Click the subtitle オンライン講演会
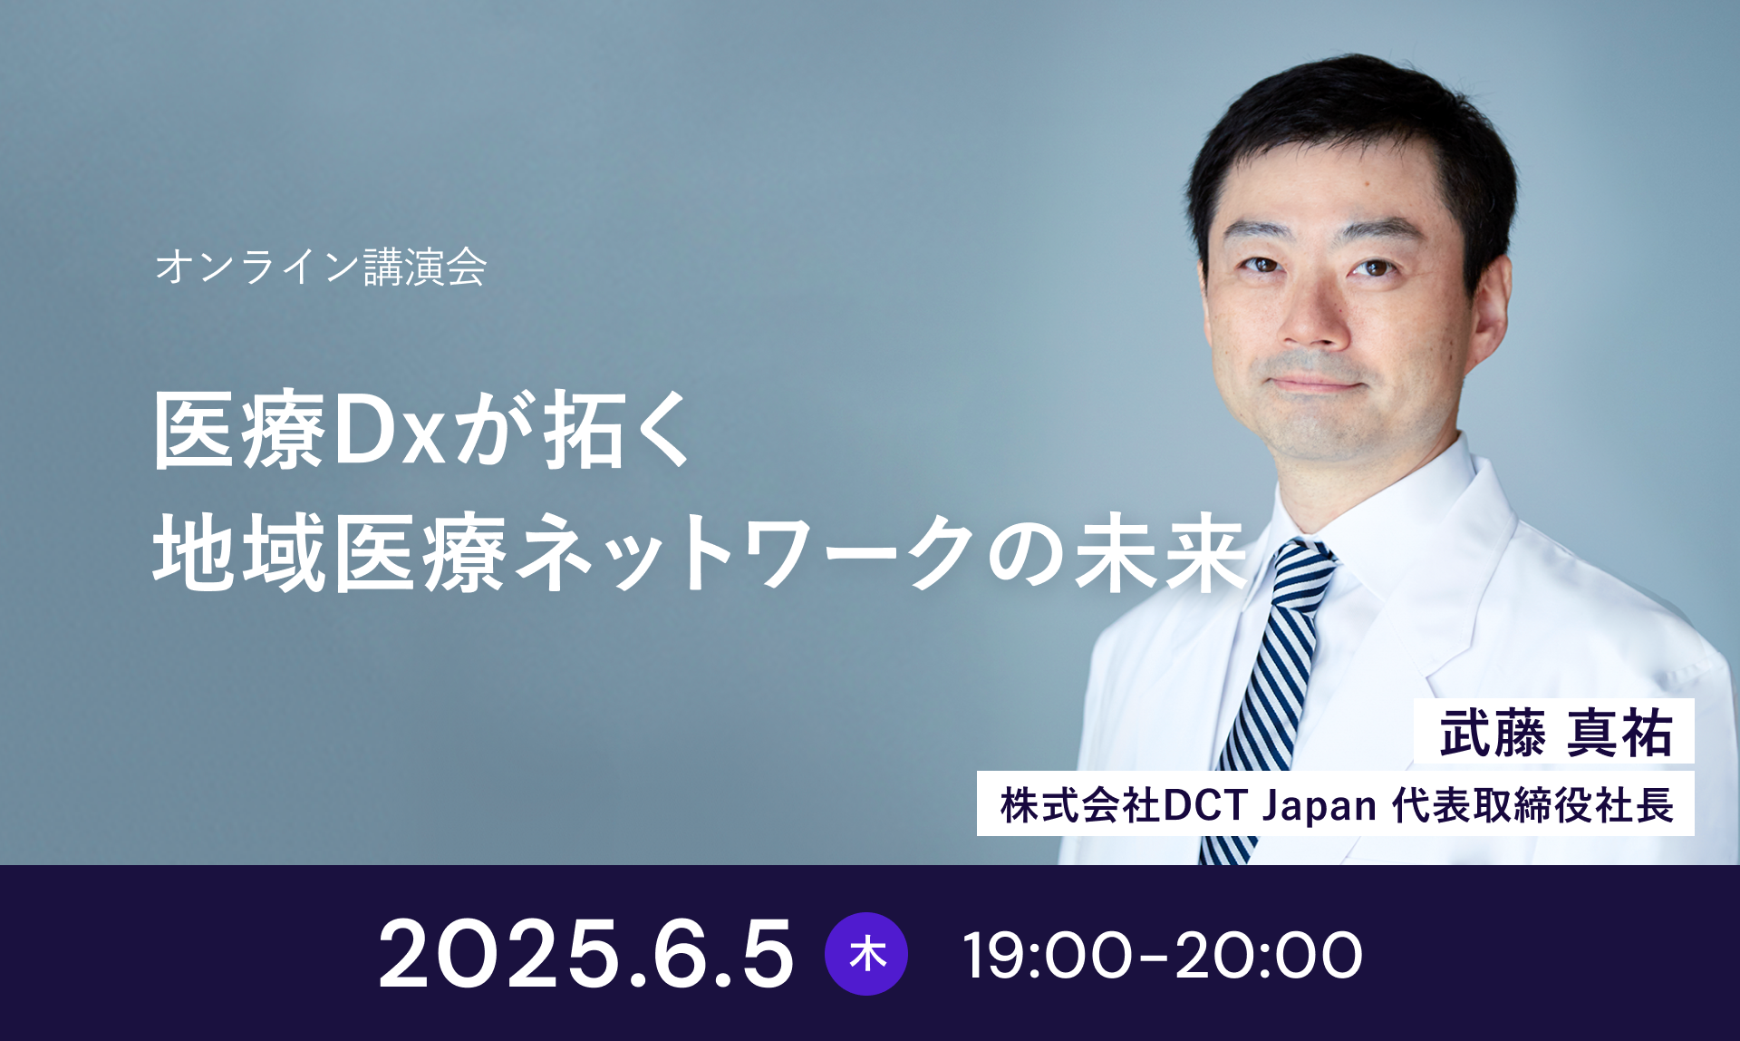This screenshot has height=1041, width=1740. (x=321, y=267)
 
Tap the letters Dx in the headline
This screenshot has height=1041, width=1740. (x=390, y=430)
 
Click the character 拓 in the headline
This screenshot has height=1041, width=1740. (x=584, y=430)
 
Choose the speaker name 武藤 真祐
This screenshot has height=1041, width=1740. (x=1555, y=732)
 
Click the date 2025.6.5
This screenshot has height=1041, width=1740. (x=586, y=953)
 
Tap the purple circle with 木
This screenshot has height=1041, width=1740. (x=866, y=954)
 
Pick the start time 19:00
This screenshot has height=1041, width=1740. (x=1047, y=955)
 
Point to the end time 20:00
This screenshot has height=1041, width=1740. (x=1269, y=955)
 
